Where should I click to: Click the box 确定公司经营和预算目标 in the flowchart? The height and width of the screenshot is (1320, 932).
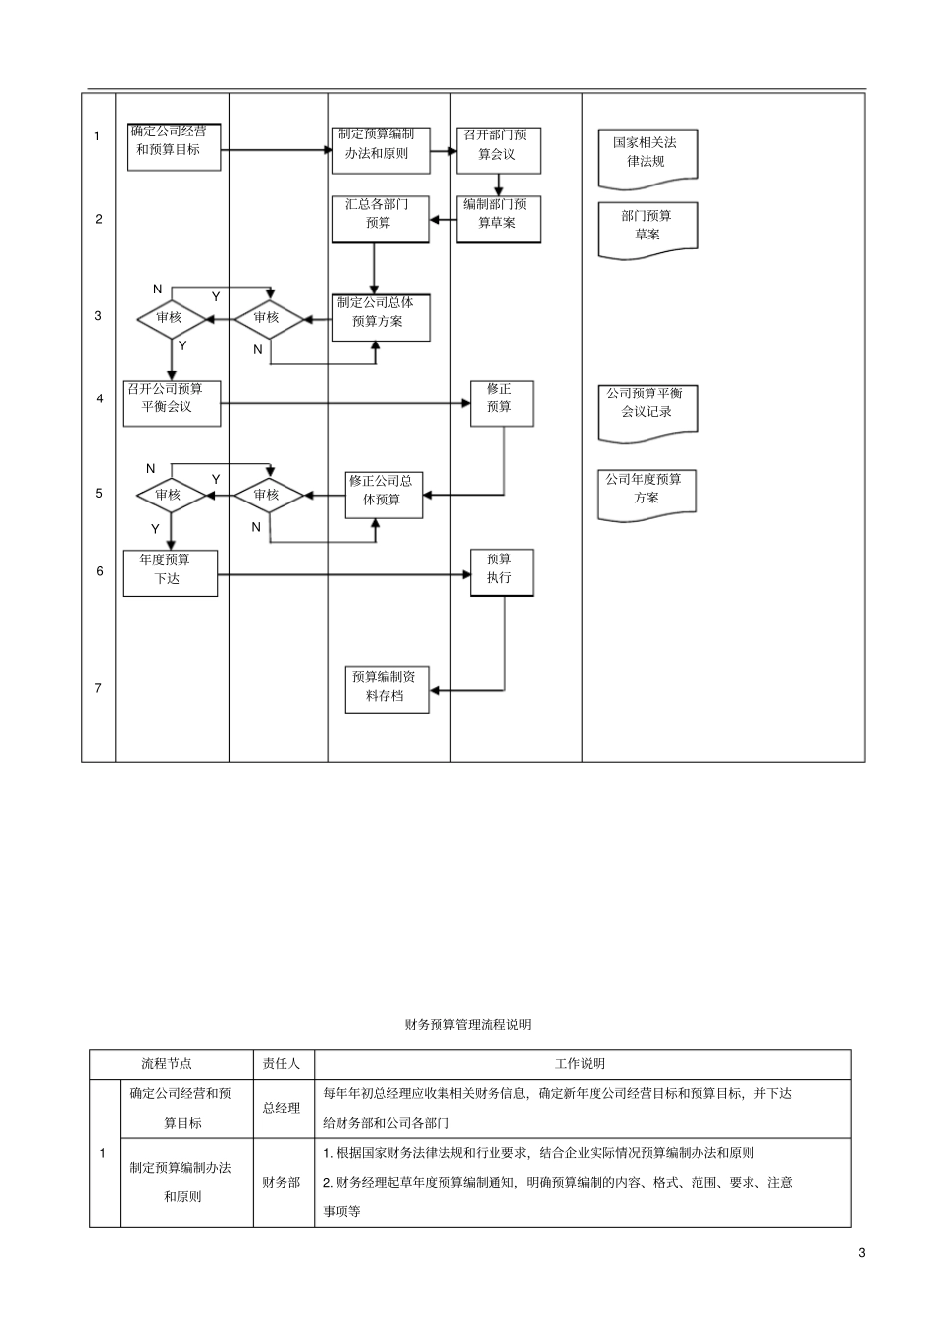174,147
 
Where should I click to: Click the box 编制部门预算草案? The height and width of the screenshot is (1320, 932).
497,219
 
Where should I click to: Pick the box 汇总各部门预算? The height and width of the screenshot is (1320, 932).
380,219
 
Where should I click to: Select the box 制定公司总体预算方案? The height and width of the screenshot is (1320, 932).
380,317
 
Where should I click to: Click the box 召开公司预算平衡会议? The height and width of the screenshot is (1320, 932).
172,402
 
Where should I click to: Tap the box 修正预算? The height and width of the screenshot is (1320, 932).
500,402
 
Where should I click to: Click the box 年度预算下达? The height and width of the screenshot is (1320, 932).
170,573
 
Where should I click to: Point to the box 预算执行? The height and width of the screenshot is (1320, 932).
500,572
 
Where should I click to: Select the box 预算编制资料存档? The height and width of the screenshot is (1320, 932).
387,690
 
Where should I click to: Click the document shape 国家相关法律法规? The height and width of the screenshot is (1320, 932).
647,155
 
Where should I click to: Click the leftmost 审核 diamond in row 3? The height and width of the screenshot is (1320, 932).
171,318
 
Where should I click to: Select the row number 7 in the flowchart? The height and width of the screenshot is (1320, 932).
98,688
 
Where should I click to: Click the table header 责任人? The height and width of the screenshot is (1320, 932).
283,1063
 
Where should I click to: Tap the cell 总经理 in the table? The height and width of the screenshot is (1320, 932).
282,1108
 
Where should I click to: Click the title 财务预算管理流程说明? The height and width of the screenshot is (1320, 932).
468,1025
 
